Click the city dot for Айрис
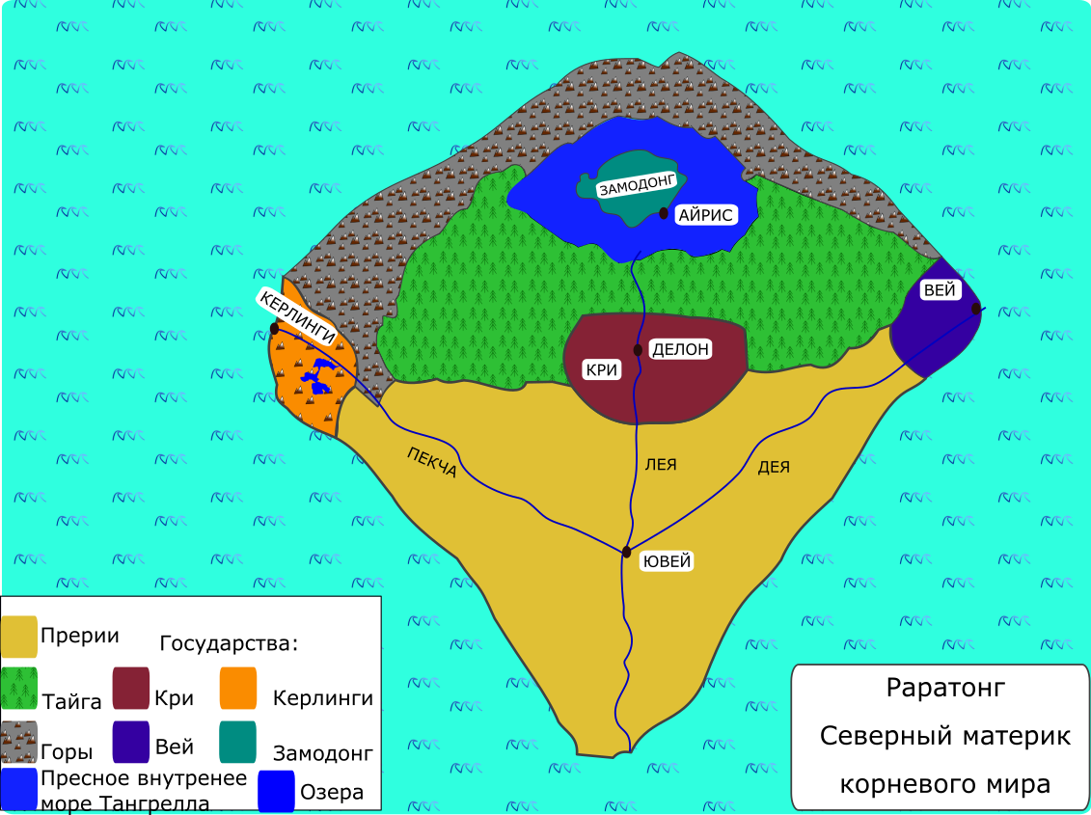coord(664,214)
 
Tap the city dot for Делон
coord(638,350)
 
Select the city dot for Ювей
coord(626,552)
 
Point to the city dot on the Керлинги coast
coord(274,329)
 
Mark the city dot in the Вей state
coord(976,309)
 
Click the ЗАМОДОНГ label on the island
coord(638,185)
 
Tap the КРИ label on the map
coord(602,369)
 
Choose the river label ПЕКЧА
coord(432,462)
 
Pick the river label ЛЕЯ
coord(661,464)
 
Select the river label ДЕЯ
coord(774,467)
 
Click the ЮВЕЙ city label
coord(667,561)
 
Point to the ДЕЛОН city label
coord(680,349)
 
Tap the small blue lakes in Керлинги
coord(317,376)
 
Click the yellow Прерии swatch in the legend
coord(18,637)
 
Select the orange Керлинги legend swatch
coord(238,689)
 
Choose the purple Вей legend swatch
coord(131,742)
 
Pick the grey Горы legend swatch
coord(18,742)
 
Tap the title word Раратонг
coord(945,688)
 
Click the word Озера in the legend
coord(332,792)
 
